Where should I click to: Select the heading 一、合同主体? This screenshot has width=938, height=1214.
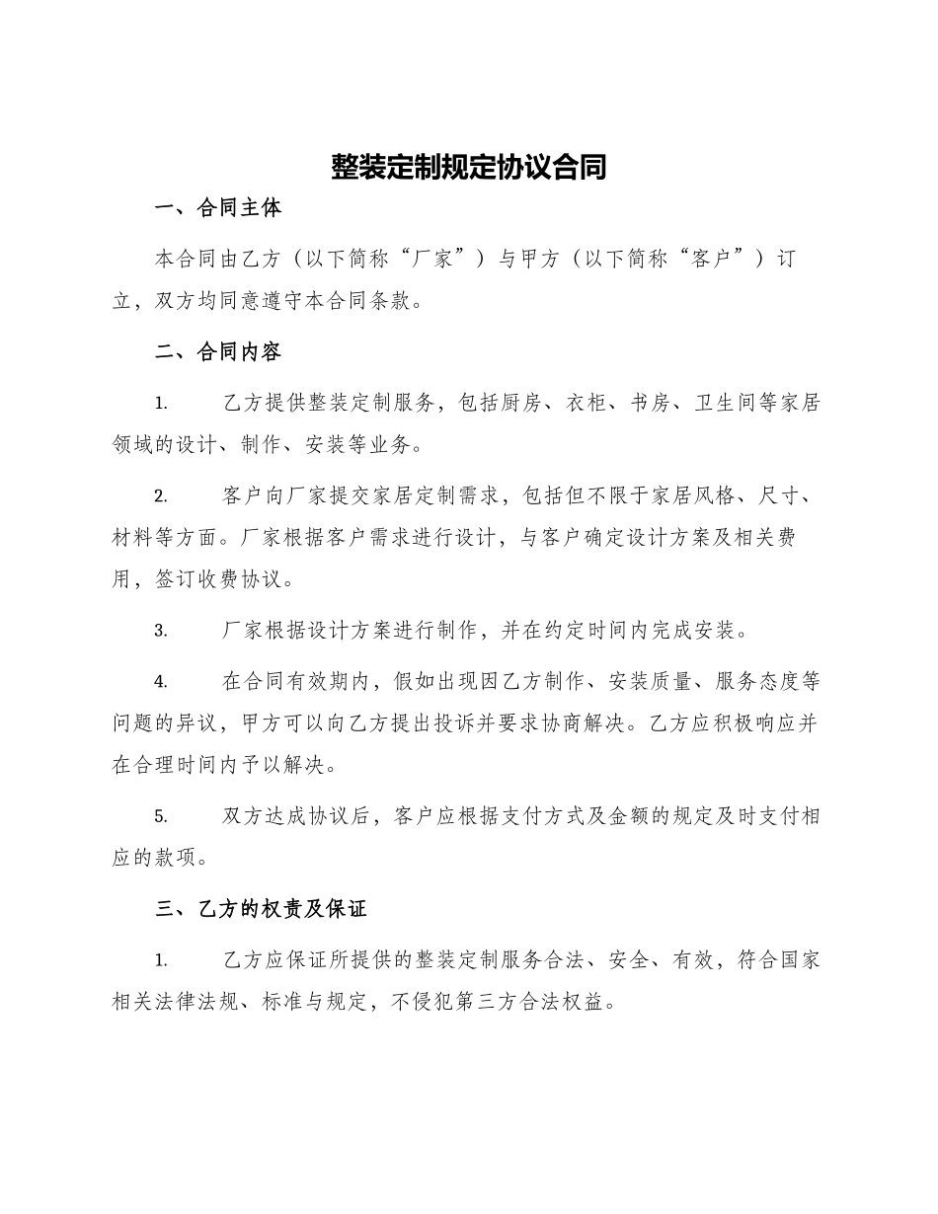point(219,208)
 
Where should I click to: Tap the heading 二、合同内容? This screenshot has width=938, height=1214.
point(219,352)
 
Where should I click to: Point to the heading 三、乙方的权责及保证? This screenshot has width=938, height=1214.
point(262,909)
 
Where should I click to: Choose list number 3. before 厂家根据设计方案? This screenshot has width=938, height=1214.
point(161,631)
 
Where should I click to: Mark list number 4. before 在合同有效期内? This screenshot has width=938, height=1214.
point(161,681)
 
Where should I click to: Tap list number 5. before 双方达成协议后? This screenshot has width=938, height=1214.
point(161,816)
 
